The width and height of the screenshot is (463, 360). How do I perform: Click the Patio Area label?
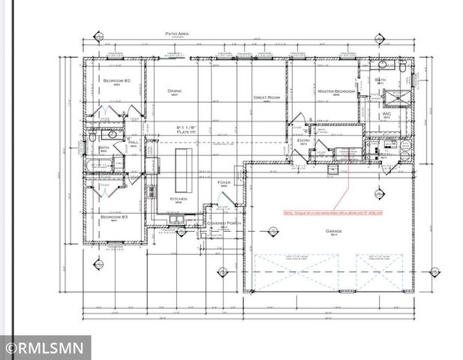coord(177,34)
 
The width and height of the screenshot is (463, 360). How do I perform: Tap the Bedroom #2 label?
coord(116,80)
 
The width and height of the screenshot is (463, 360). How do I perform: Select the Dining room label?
coord(175,91)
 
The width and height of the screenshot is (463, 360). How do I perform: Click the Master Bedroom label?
coord(335,91)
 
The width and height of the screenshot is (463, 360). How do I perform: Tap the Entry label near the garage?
coord(303,140)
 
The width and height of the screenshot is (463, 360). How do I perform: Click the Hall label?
coord(134,141)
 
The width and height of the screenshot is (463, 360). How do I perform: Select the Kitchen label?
coord(179,199)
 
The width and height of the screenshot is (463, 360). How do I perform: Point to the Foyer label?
coord(224,182)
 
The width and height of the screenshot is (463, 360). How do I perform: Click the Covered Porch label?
coord(222,223)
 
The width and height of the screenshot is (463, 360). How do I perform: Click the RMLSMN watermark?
coord(45,348)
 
